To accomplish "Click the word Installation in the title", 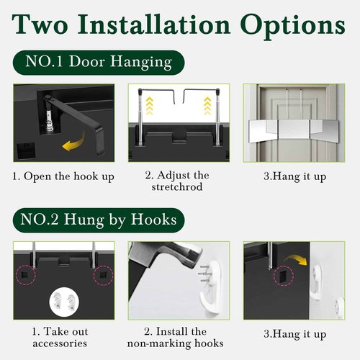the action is tap(154, 24).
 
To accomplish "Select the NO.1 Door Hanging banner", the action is tap(99, 63).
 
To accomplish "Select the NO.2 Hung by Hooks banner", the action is tap(99, 220).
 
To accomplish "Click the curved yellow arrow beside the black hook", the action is tap(74, 143).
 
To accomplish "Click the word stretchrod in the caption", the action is tap(177, 186).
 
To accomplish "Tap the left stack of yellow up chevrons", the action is tap(149, 106).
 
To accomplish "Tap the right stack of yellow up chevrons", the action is tap(207, 106).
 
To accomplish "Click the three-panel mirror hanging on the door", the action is tap(294, 130).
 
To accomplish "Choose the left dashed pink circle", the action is tap(26, 275).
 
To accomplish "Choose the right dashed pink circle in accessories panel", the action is tap(103, 275).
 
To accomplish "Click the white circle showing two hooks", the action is tap(64, 301).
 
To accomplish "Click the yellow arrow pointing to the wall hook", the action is tap(295, 260).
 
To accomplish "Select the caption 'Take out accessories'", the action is tap(60, 337).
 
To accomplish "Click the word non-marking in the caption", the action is tap(159, 343).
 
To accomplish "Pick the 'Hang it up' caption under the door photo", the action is tap(295, 176).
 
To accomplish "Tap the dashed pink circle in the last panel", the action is tap(284, 276).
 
